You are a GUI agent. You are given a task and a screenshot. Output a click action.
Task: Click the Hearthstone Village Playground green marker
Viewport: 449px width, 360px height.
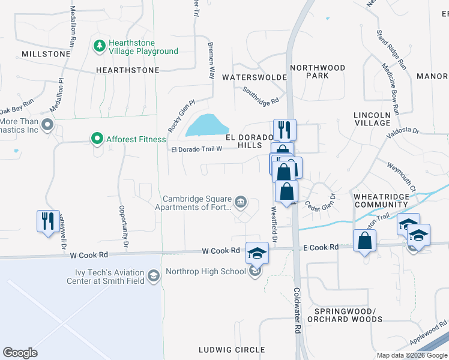click(x=99, y=46)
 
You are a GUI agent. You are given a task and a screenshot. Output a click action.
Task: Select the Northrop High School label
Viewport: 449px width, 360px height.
click(x=205, y=271)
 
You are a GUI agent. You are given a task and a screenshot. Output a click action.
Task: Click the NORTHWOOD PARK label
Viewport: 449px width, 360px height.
click(x=318, y=72)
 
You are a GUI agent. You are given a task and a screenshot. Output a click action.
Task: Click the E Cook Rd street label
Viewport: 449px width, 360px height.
click(x=321, y=247)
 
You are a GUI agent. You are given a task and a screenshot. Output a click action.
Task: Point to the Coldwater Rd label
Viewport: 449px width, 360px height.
click(x=297, y=310)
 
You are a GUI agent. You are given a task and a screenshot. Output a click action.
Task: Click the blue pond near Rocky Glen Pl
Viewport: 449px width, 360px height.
click(x=208, y=125)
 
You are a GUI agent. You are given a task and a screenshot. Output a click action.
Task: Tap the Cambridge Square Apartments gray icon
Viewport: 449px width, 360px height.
click(x=241, y=202)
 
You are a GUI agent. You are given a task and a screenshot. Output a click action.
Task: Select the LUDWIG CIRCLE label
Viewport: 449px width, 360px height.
click(x=232, y=349)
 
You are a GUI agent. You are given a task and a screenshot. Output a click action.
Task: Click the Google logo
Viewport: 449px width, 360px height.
click(x=20, y=352)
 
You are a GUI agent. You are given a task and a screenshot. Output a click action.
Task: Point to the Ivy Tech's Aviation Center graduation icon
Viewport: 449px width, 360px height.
click(x=154, y=275)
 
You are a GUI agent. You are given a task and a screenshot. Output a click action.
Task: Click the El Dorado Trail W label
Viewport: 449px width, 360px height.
click(x=197, y=149)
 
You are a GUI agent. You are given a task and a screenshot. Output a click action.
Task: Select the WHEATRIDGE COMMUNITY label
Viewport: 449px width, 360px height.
click(x=385, y=200)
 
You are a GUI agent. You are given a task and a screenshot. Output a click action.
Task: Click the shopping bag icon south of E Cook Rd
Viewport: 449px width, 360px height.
click(x=364, y=241)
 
